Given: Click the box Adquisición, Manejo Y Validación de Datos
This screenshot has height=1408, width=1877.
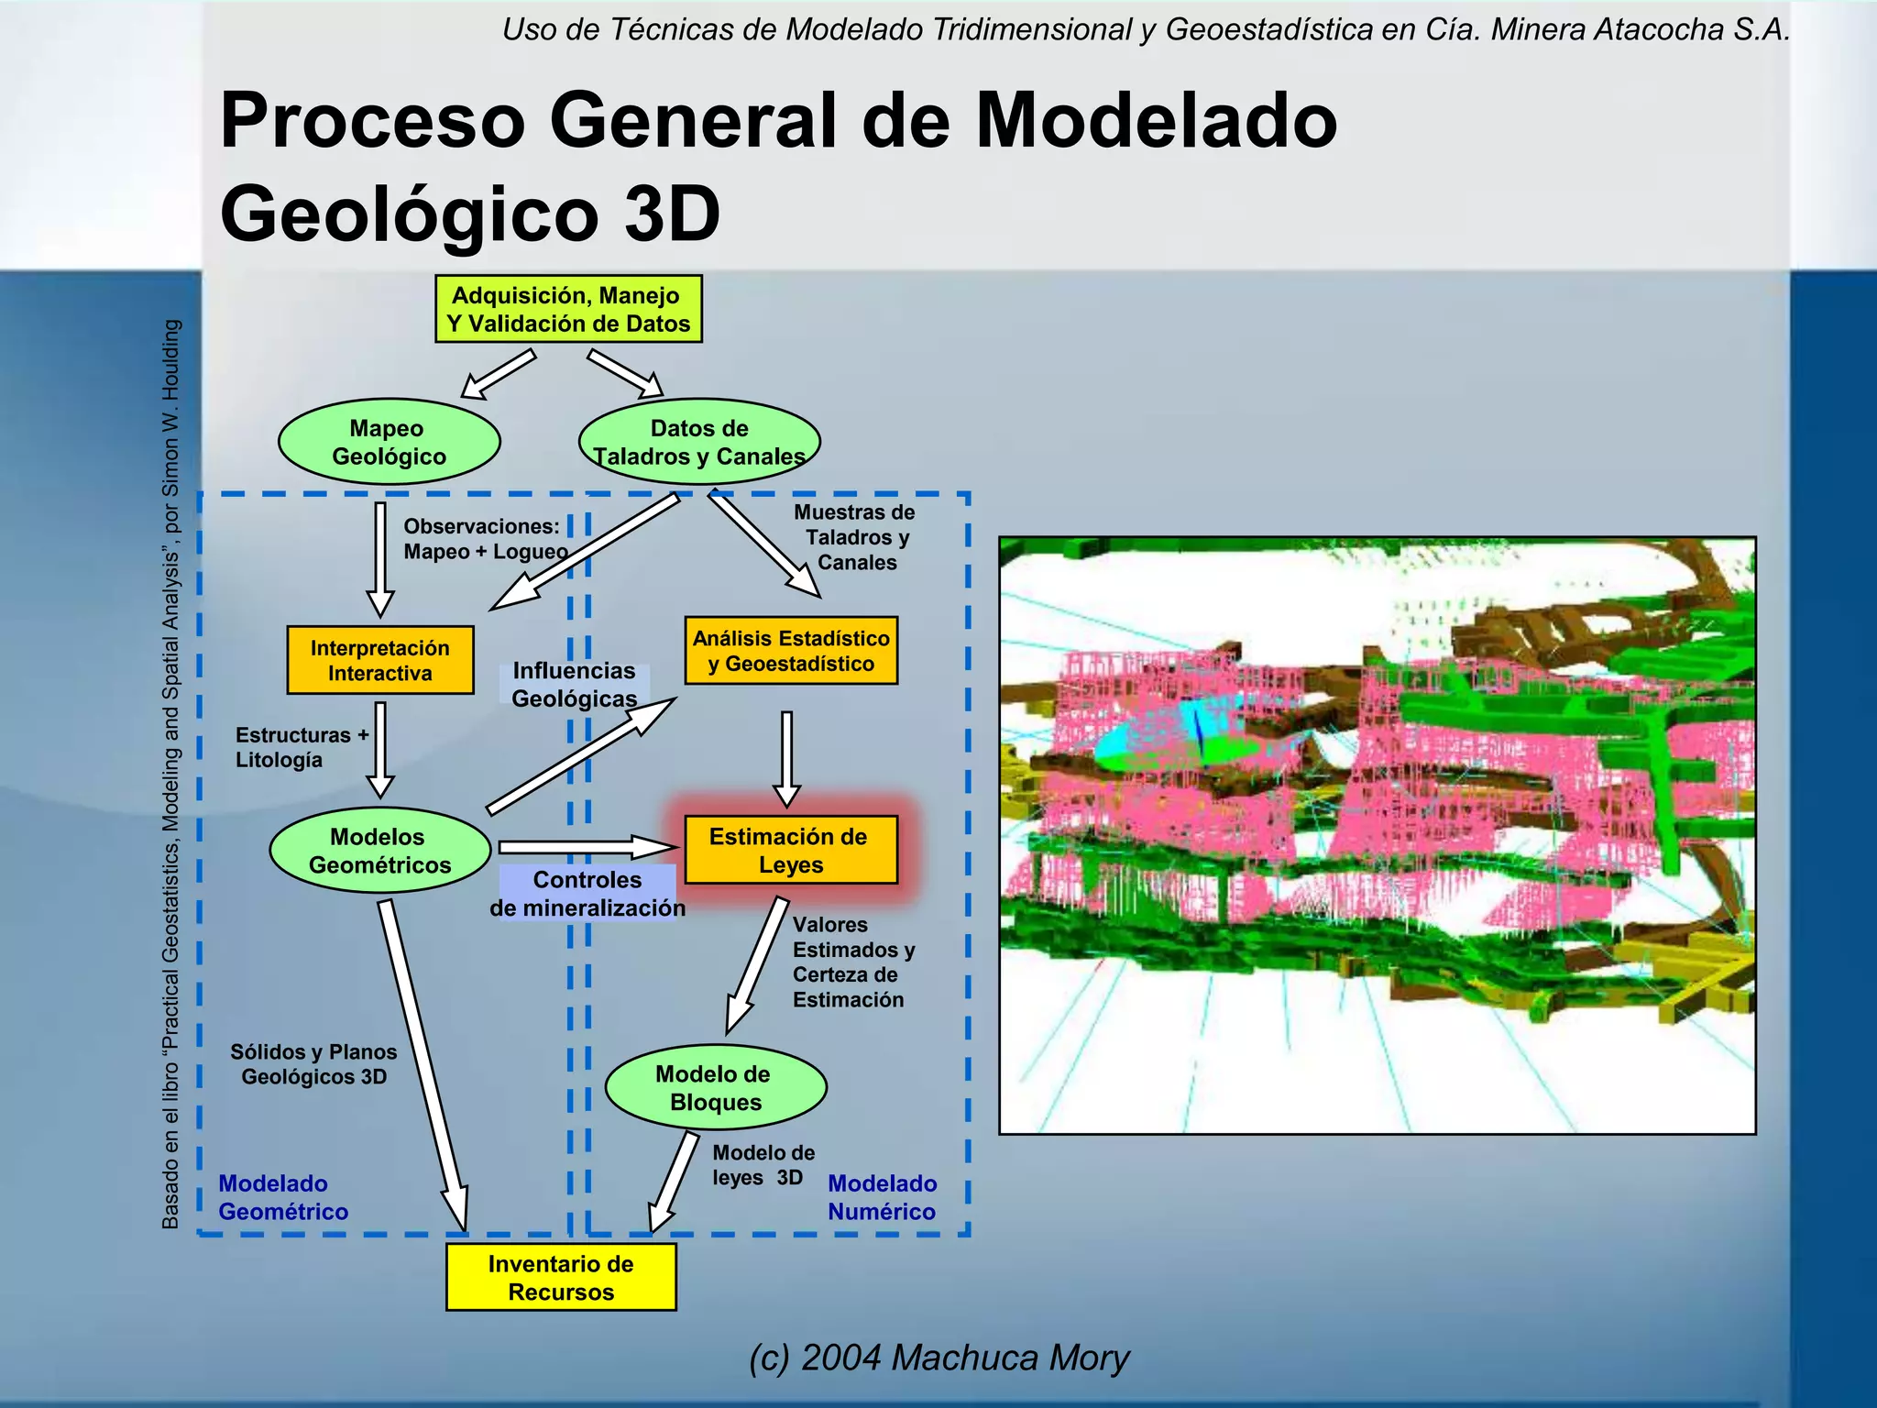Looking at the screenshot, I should tap(568, 309).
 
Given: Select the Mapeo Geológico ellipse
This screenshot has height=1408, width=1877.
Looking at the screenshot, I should tap(389, 442).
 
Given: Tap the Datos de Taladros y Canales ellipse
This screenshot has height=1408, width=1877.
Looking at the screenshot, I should tap(698, 442).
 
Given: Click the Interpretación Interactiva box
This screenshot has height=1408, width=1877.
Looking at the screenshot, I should tap(379, 660).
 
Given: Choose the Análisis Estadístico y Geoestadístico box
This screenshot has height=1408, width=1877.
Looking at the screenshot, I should tap(791, 651).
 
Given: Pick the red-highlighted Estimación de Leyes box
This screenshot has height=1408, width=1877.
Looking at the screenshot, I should tap(790, 850).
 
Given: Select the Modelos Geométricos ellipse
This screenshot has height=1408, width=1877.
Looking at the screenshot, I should tap(379, 851).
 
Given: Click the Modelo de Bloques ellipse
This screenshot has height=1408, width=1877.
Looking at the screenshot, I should tap(715, 1087).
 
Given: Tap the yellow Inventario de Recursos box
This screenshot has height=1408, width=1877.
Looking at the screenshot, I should tap(561, 1277).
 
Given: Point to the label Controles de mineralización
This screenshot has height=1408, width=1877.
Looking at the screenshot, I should tap(587, 894).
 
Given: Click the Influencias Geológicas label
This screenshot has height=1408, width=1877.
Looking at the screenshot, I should tap(574, 685).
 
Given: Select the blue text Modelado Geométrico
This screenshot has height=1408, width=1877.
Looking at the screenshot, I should tap(282, 1197).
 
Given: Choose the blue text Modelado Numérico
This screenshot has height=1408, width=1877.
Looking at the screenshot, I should tap(882, 1197).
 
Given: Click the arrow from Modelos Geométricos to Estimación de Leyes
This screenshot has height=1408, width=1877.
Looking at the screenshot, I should tap(587, 846).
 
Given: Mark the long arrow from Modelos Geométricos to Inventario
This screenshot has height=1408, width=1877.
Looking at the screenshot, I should tap(423, 1063).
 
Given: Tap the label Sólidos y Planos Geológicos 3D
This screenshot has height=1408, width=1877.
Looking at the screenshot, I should tap(313, 1064).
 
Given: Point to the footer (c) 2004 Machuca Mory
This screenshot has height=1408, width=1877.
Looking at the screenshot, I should tap(938, 1358).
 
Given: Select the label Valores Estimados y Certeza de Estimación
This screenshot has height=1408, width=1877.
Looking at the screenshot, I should tap(852, 962).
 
